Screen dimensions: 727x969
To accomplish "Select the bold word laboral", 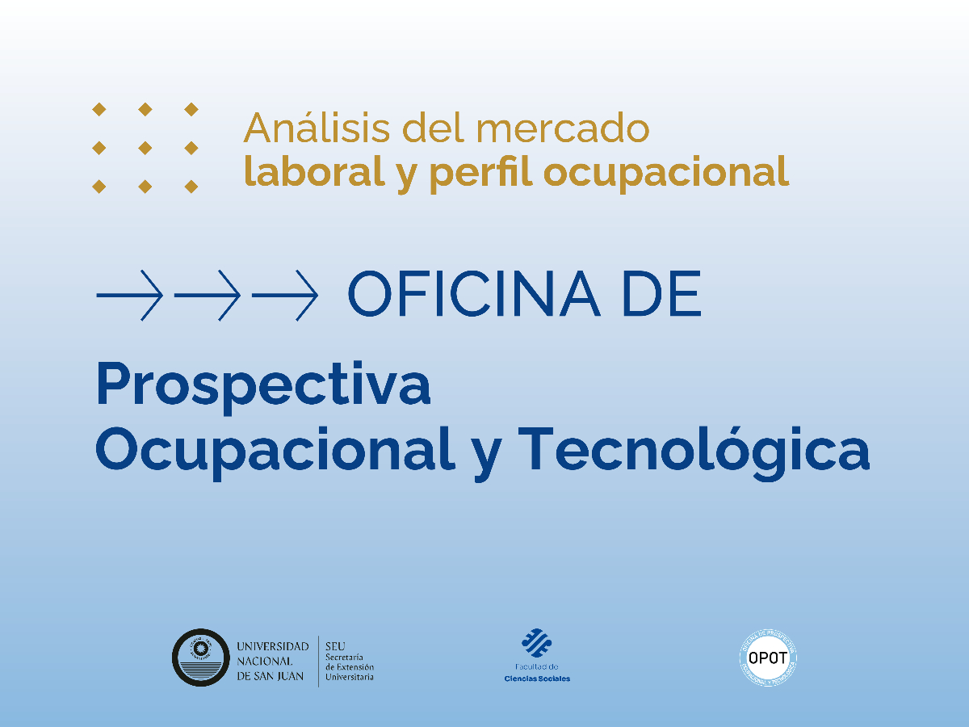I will pyautogui.click(x=313, y=171).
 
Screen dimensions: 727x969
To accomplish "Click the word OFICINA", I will pyautogui.click(x=474, y=295).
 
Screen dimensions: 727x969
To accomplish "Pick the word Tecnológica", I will pyautogui.click(x=694, y=451).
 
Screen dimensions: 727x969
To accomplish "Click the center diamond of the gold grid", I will pyautogui.click(x=145, y=148).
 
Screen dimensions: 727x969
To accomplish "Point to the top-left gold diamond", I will pyautogui.click(x=99, y=109).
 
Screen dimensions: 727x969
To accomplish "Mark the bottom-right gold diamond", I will pyautogui.click(x=191, y=187).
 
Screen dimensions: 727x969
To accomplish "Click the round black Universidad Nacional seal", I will pyautogui.click(x=201, y=658).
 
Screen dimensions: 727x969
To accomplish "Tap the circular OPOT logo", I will pyautogui.click(x=769, y=658).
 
